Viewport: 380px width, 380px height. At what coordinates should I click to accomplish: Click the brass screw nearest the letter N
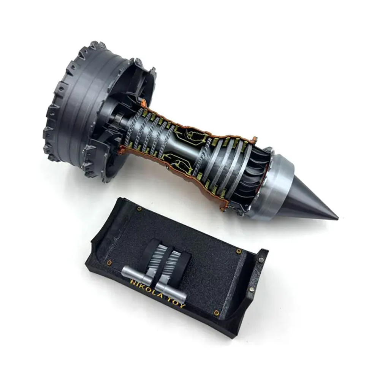[x=109, y=262]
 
